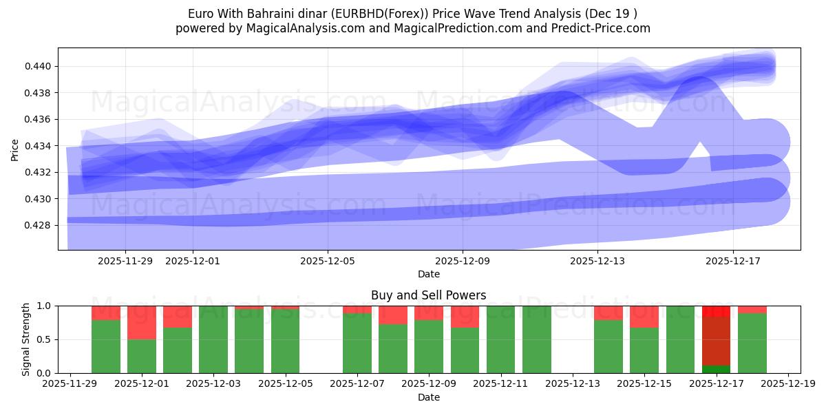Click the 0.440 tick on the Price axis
[x=40, y=67]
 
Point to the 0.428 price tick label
[x=40, y=225]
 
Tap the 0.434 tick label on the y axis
[x=40, y=146]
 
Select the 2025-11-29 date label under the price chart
[x=125, y=261]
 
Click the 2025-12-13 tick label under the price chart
[x=597, y=261]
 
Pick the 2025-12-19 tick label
[x=787, y=384]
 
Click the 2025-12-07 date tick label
[x=357, y=384]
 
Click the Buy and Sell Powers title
[x=428, y=295]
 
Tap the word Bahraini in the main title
[x=284, y=14]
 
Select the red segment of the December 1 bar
[x=142, y=322]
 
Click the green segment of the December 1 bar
[x=142, y=356]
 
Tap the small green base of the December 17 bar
[x=716, y=369]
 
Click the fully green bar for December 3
[x=213, y=339]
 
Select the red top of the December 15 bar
[x=644, y=317]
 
